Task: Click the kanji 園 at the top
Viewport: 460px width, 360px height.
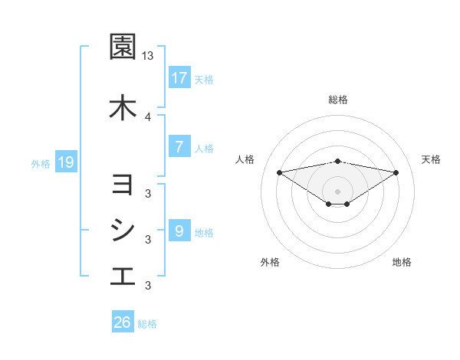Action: point(123,47)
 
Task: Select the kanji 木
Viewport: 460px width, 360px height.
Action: point(123,107)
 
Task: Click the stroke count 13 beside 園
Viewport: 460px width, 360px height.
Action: point(148,56)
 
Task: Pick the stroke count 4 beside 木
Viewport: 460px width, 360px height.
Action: point(148,116)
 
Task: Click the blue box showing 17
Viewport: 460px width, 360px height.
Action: point(179,78)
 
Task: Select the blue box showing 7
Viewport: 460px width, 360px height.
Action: point(179,147)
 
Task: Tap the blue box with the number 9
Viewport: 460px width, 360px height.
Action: point(179,231)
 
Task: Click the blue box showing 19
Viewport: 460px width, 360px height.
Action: point(65,162)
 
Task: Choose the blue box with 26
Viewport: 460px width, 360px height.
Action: point(123,322)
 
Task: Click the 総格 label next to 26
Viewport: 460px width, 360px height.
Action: point(147,324)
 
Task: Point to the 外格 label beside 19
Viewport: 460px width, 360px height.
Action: point(41,162)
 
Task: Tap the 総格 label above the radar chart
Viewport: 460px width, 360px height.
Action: point(338,100)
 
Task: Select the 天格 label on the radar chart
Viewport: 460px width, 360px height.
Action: point(432,159)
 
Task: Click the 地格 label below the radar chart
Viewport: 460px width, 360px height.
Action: point(402,262)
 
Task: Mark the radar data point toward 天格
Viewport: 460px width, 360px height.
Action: point(396,172)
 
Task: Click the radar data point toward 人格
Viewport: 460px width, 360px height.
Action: point(279,172)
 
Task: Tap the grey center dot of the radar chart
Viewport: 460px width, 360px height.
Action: point(338,191)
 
